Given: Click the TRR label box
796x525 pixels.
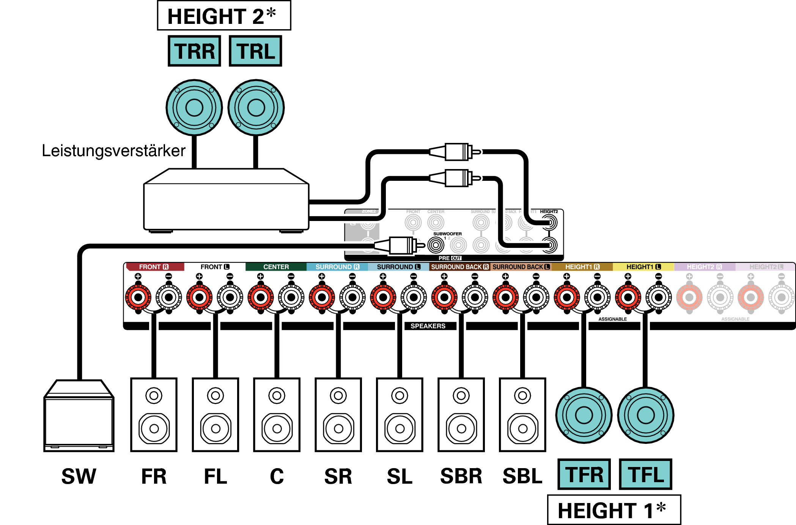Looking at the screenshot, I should coord(194,51).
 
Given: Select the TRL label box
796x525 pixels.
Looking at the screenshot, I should coord(255,51).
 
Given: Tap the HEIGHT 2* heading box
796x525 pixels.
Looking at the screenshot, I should coord(224,16).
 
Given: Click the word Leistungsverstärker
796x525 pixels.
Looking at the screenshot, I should coord(113,150).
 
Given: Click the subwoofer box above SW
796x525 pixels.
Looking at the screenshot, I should coord(79,417).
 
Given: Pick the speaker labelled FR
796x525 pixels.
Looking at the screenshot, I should coord(154,415).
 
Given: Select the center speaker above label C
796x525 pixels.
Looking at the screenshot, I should coord(277,415).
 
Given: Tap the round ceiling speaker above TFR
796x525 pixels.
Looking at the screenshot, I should coord(584,415).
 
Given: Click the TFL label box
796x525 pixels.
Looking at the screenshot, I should coord(645,474).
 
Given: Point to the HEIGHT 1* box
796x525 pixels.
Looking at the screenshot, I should coord(614,510).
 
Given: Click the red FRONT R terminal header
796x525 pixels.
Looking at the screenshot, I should coord(155,267).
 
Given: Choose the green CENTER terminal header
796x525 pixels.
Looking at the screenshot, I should coord(276,267).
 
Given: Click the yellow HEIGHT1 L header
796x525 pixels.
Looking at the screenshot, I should coord(643,267).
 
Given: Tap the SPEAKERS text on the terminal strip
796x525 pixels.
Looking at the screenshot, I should coord(428,326).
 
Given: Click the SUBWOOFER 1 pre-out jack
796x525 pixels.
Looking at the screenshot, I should coord(436,245).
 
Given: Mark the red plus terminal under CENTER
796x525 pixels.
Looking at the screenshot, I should coord(260,297).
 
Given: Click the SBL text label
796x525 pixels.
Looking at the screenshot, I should coord(522,476).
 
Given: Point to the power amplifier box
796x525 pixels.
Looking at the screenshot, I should coord(226,205).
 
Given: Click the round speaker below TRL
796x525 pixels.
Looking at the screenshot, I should coord(256,108).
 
